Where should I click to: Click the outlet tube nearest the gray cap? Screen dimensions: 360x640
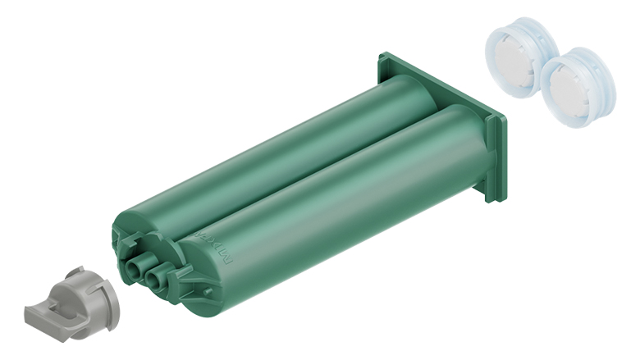[134, 266]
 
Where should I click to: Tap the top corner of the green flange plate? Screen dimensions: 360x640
[384, 58]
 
